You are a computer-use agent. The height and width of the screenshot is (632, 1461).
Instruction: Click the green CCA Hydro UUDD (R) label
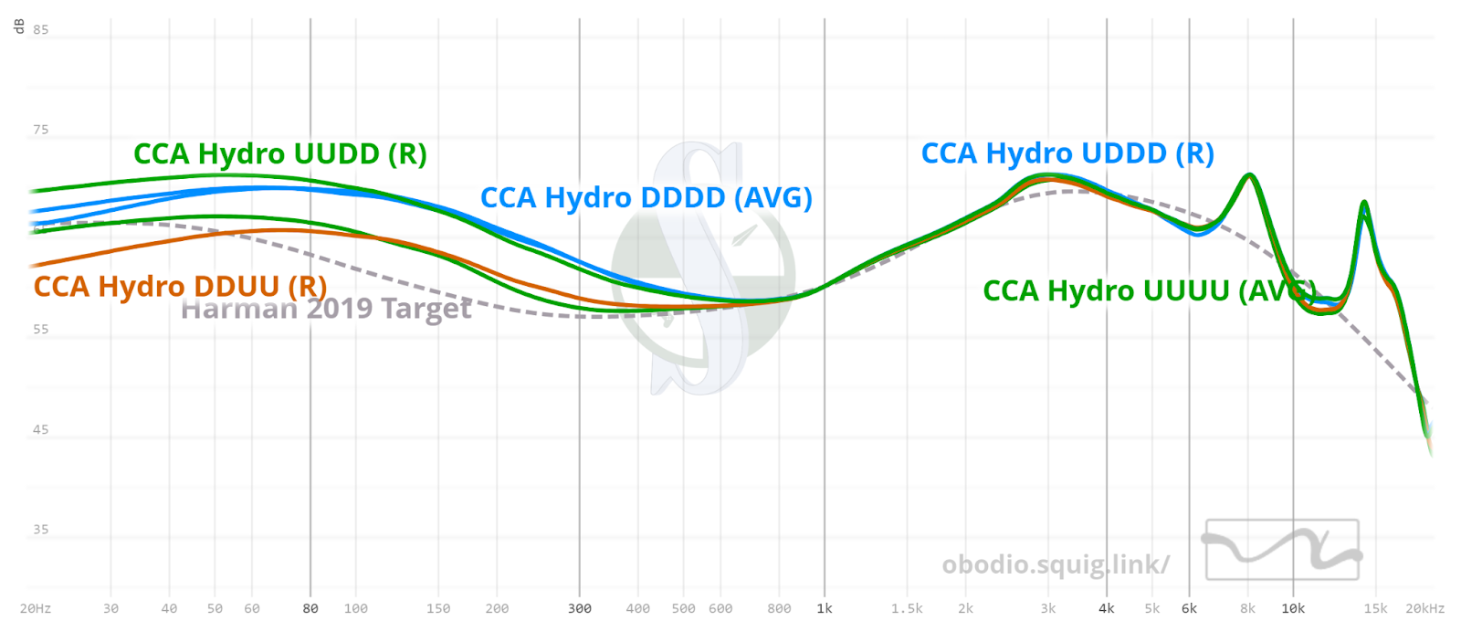[280, 154]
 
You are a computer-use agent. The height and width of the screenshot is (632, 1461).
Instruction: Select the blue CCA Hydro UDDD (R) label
[1067, 153]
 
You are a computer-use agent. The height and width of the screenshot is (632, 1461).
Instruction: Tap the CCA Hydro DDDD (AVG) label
[646, 198]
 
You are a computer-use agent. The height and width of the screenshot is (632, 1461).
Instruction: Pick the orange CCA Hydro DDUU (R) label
[180, 287]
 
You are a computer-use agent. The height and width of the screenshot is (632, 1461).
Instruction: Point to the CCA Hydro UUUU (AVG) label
[1149, 291]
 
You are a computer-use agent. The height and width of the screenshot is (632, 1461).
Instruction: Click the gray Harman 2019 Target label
[326, 310]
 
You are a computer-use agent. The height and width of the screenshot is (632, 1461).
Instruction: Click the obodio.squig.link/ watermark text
[1056, 565]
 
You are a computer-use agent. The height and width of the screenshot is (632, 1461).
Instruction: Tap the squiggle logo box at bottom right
[1282, 550]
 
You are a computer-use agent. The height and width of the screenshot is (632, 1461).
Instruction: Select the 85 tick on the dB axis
[41, 30]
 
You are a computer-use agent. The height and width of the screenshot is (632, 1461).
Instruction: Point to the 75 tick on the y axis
[41, 130]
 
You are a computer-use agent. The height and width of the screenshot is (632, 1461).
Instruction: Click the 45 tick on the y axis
[41, 429]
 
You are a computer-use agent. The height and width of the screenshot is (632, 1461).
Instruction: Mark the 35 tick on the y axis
[41, 530]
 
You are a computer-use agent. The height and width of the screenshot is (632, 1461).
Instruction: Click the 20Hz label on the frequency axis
[36, 609]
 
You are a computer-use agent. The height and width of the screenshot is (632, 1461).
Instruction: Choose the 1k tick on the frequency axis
[825, 609]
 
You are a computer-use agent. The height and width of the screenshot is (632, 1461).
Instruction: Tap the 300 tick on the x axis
[580, 609]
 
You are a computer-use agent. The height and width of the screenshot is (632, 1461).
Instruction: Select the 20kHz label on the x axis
[1424, 609]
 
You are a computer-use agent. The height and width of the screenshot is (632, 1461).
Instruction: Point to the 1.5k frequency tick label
[907, 609]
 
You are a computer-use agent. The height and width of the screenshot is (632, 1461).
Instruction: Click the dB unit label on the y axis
[19, 26]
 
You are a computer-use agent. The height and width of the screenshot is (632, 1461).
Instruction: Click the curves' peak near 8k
[1248, 174]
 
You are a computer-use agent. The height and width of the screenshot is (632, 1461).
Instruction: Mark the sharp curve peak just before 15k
[1364, 203]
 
